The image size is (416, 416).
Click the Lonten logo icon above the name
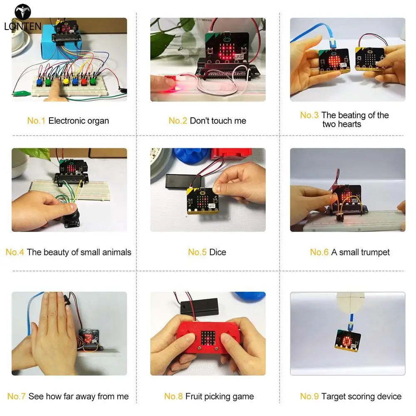coord(23,12)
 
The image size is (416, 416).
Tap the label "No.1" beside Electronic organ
coord(36,121)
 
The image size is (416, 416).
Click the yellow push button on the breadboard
coord(66,81)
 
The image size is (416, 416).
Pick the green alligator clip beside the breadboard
coord(22,93)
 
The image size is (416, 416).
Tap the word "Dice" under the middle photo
coord(218,252)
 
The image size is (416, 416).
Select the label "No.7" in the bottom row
coord(17,396)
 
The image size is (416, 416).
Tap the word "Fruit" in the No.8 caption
coord(194,396)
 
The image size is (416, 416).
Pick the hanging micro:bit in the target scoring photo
coord(348,340)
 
